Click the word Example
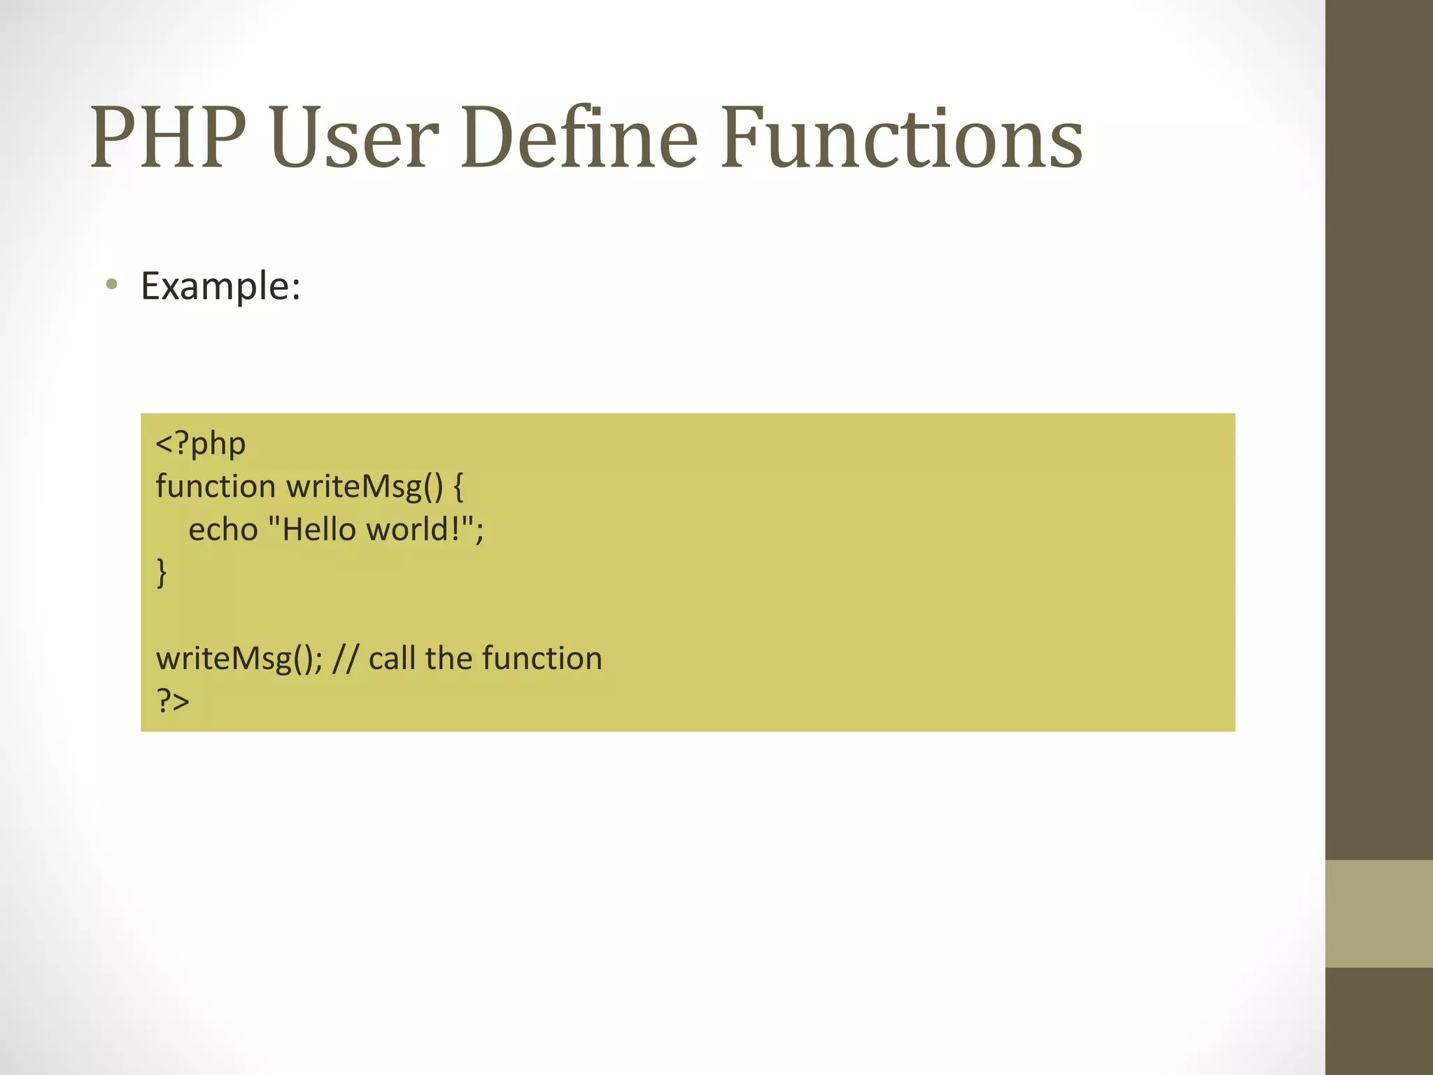point(220,286)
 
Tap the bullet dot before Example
point(111,284)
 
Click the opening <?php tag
point(201,444)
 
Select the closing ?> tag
point(173,700)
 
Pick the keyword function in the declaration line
point(216,486)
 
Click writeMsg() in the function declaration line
point(365,486)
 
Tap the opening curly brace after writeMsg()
point(458,486)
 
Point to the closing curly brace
point(162,572)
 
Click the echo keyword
point(223,530)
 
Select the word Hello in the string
point(318,530)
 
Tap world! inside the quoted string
point(414,530)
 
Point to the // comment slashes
point(345,659)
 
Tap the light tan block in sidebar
point(1379,914)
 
